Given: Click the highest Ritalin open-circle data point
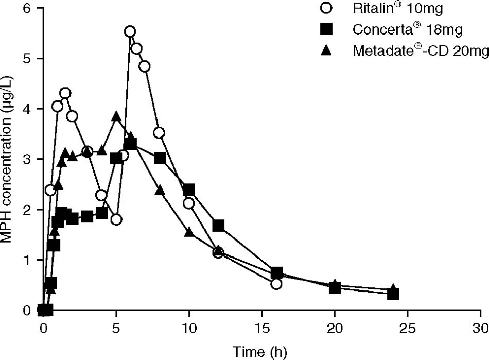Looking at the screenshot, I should click(130, 31).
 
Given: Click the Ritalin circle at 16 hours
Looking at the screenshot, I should click(276, 284).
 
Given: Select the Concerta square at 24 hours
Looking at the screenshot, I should click(393, 294).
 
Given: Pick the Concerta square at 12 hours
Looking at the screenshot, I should click(218, 226).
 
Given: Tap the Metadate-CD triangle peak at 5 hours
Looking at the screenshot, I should click(116, 116).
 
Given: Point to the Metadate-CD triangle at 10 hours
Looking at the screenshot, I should click(189, 232).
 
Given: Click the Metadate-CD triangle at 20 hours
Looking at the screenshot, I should click(335, 285).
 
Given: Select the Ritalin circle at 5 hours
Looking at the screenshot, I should click(116, 219).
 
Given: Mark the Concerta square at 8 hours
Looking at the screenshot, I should click(160, 158).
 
